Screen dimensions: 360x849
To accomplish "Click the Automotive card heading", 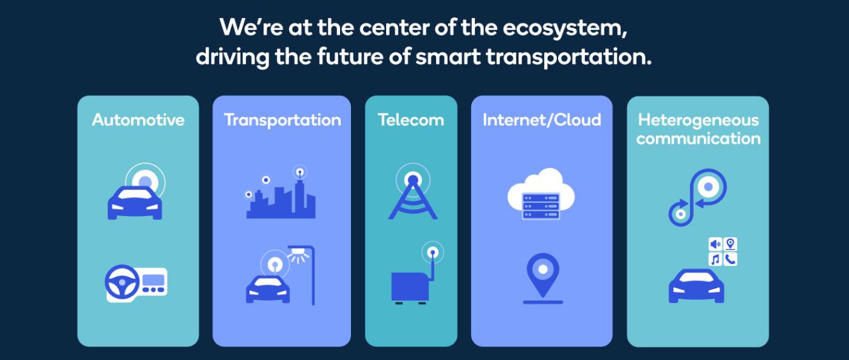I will pos(138,120).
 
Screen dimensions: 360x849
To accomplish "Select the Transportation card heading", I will pos(282,120).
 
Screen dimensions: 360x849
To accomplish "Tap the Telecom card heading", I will pos(410,120).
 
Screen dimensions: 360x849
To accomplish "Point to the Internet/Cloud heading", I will pos(541,120).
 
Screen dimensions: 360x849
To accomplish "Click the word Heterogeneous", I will pos(698,120).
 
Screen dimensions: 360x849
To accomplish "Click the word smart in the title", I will pos(447,57).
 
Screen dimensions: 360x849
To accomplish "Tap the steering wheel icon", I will pos(123,283).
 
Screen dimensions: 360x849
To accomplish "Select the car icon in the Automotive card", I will pos(135,203).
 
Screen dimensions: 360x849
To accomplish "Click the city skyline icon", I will pos(281,200).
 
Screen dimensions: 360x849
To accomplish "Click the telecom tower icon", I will pos(413,195).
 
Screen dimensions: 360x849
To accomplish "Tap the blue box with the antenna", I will pos(409,286).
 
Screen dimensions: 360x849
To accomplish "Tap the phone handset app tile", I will pos(730,259).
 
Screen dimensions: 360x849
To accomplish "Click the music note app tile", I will pos(715,259).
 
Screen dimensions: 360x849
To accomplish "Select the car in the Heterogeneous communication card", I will pos(696,286).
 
